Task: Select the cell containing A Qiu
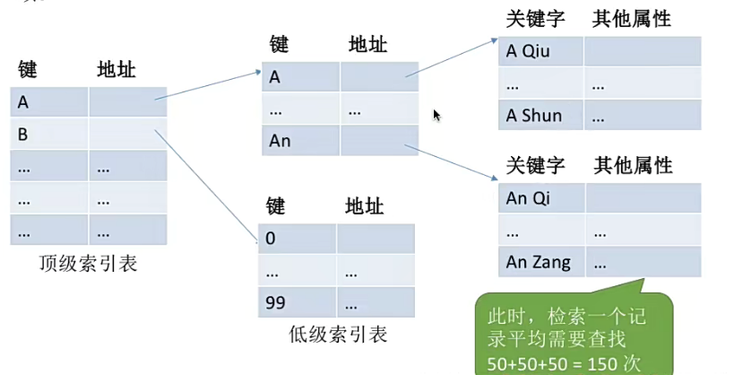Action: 540,51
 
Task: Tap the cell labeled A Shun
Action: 540,115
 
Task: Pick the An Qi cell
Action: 540,197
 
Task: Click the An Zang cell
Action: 540,262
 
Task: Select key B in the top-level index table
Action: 49,135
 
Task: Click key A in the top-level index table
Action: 49,102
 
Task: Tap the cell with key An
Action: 300,141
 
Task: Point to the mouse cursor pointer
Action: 436,116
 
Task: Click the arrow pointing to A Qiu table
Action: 453,57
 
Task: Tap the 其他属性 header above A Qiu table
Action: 631,19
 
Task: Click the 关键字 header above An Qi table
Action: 535,166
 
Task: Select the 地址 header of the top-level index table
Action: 117,70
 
